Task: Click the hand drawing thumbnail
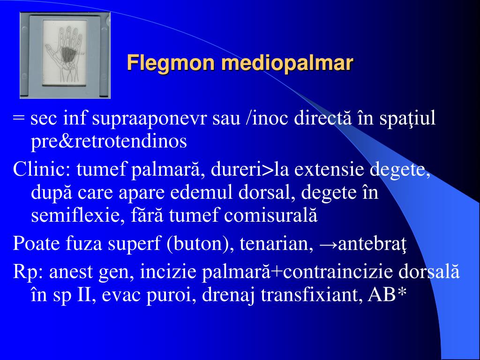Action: click(x=65, y=55)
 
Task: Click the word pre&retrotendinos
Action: click(x=109, y=141)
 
